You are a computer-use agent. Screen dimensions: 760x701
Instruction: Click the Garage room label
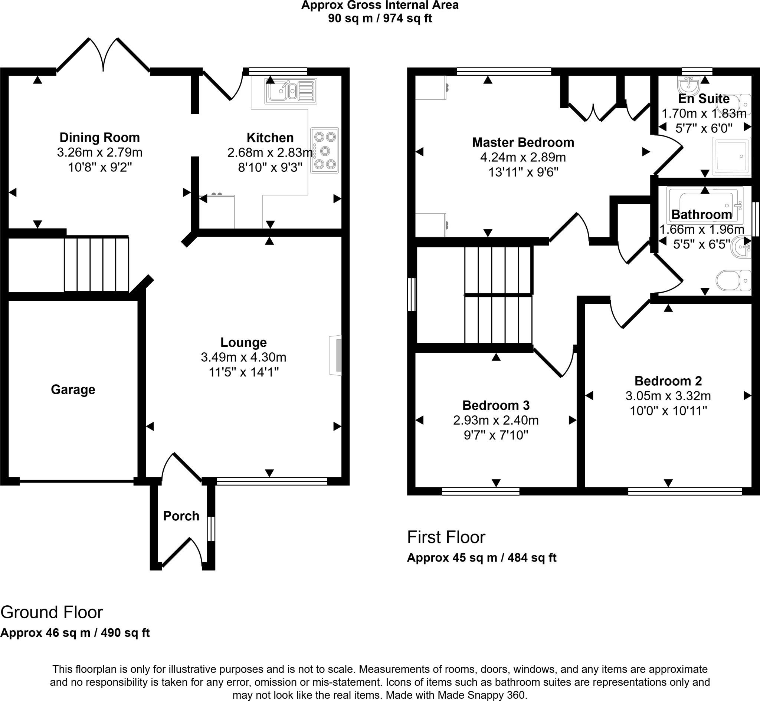(73, 389)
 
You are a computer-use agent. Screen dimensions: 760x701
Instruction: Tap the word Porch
(181, 516)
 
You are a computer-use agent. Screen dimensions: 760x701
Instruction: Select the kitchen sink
(291, 91)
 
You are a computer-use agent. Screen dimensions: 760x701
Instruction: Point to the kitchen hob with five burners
(324, 150)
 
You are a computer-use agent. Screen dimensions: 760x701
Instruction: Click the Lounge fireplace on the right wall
(335, 355)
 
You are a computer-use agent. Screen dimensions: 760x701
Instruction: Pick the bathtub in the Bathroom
(705, 205)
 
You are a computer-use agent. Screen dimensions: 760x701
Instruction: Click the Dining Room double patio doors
(103, 55)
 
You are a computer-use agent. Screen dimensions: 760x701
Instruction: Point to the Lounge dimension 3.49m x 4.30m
(243, 357)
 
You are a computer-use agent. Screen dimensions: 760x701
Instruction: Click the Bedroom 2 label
(668, 381)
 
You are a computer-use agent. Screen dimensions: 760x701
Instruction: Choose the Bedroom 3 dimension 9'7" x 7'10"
(496, 435)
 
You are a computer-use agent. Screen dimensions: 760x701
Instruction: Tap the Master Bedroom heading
(523, 142)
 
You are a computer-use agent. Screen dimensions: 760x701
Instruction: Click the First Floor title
(446, 537)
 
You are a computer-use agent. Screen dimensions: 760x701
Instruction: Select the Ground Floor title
(52, 612)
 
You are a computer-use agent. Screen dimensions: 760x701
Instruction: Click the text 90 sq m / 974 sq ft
(380, 18)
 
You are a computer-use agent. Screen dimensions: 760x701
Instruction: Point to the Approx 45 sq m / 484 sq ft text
(482, 557)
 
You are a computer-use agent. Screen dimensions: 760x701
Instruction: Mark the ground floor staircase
(96, 264)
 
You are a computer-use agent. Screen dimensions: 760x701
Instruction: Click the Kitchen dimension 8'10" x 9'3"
(270, 167)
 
